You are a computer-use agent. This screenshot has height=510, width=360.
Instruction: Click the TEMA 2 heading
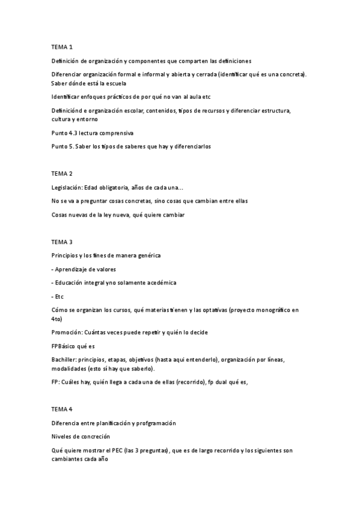coord(62,173)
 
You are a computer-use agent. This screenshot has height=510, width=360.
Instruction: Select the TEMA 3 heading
coord(62,242)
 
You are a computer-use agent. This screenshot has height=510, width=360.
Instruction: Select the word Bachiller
coord(64,359)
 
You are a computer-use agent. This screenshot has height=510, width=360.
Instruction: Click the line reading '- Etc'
coord(58,296)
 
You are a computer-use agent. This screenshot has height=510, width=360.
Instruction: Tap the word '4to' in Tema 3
coord(56,319)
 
